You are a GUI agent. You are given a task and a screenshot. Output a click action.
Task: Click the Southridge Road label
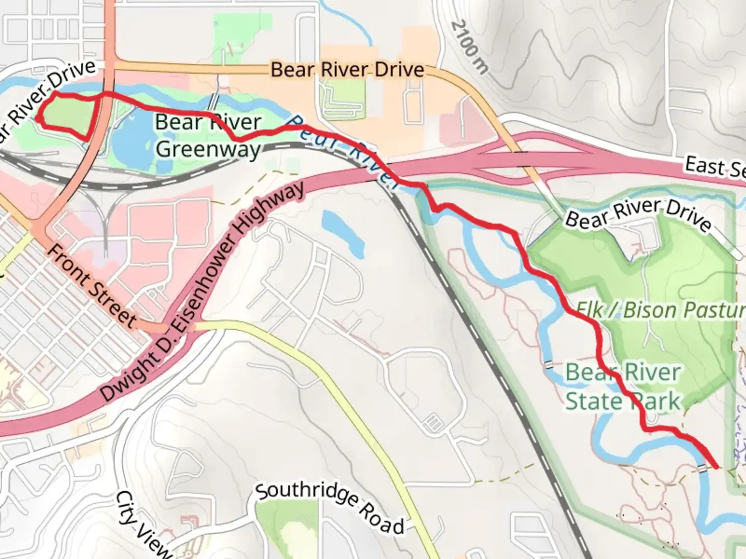click(330, 508)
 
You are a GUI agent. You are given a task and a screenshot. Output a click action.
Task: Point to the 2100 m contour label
click(469, 47)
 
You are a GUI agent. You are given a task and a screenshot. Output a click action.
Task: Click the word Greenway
click(208, 149)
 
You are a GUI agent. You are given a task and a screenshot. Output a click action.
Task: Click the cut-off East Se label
click(715, 168)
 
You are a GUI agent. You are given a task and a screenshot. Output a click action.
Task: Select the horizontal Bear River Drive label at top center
click(348, 70)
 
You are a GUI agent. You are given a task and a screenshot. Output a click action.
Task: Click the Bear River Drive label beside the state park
click(637, 215)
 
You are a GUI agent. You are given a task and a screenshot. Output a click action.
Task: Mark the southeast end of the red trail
click(716, 467)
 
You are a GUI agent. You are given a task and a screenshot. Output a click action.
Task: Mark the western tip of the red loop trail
click(38, 119)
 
